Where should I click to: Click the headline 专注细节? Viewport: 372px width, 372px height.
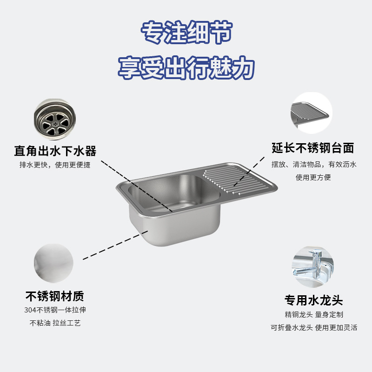pyautogui.click(x=186, y=33)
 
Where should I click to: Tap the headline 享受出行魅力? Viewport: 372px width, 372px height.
pyautogui.click(x=186, y=68)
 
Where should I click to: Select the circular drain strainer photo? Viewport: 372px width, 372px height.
pyautogui.click(x=53, y=119)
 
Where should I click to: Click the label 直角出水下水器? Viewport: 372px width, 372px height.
pyautogui.click(x=55, y=151)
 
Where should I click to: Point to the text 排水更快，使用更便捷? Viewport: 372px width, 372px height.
pyautogui.click(x=55, y=165)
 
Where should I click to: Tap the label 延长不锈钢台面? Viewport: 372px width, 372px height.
pyautogui.click(x=313, y=148)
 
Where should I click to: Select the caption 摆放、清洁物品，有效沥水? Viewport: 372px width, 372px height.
pyautogui.click(x=313, y=165)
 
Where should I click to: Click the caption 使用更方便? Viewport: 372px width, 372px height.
pyautogui.click(x=313, y=177)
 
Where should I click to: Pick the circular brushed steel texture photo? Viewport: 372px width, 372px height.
pyautogui.click(x=53, y=264)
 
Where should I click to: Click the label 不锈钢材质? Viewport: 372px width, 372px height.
pyautogui.click(x=55, y=296)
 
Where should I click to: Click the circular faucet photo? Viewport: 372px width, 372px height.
pyautogui.click(x=312, y=266)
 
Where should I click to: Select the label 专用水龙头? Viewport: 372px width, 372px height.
pyautogui.click(x=314, y=300)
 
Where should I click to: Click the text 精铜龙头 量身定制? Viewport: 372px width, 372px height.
pyautogui.click(x=314, y=315)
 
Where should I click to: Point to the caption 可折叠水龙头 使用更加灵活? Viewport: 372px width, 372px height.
pyautogui.click(x=314, y=327)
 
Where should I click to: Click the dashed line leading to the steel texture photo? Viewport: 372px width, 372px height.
pyautogui.click(x=116, y=245)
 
